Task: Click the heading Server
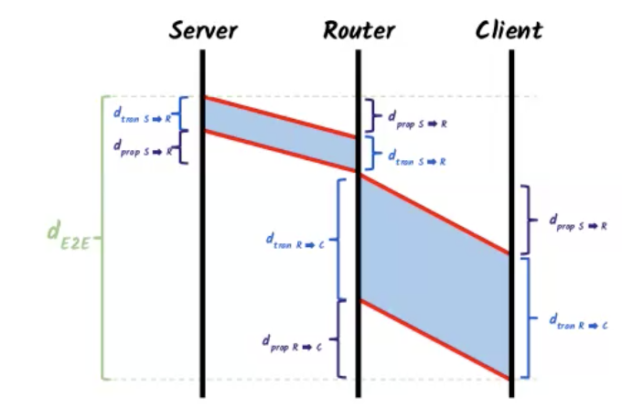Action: tap(203, 29)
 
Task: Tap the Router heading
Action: tap(359, 29)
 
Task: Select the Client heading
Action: tap(509, 29)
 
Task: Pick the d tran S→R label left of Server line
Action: tap(143, 114)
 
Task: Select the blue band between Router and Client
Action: tap(434, 274)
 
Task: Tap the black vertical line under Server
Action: tap(203, 274)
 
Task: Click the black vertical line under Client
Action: tap(511, 137)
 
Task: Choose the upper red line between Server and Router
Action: tap(279, 116)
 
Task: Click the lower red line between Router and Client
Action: tap(434, 338)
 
